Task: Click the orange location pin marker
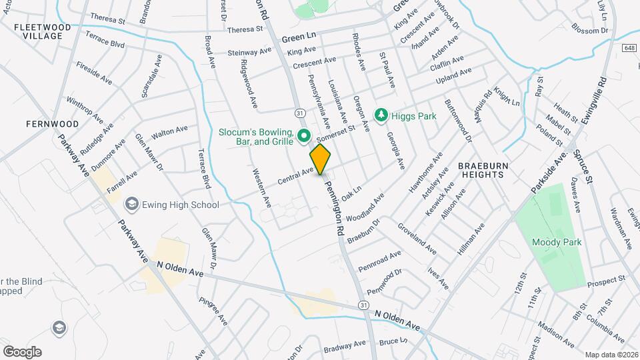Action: (321, 159)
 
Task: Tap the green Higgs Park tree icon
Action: (381, 116)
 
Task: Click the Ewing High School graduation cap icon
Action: (131, 205)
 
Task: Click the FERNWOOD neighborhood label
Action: (53, 124)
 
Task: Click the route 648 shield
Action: (630, 47)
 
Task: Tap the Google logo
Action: (22, 352)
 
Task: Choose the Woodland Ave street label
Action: (365, 207)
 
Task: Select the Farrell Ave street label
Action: (122, 179)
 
